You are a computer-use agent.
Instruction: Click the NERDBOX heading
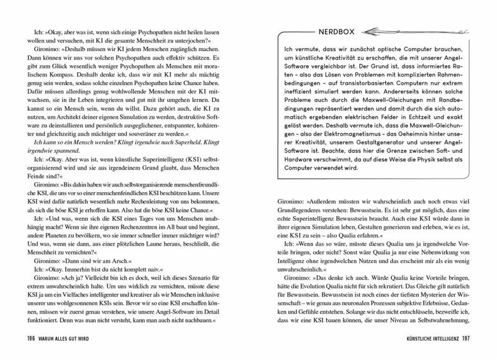316,30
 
